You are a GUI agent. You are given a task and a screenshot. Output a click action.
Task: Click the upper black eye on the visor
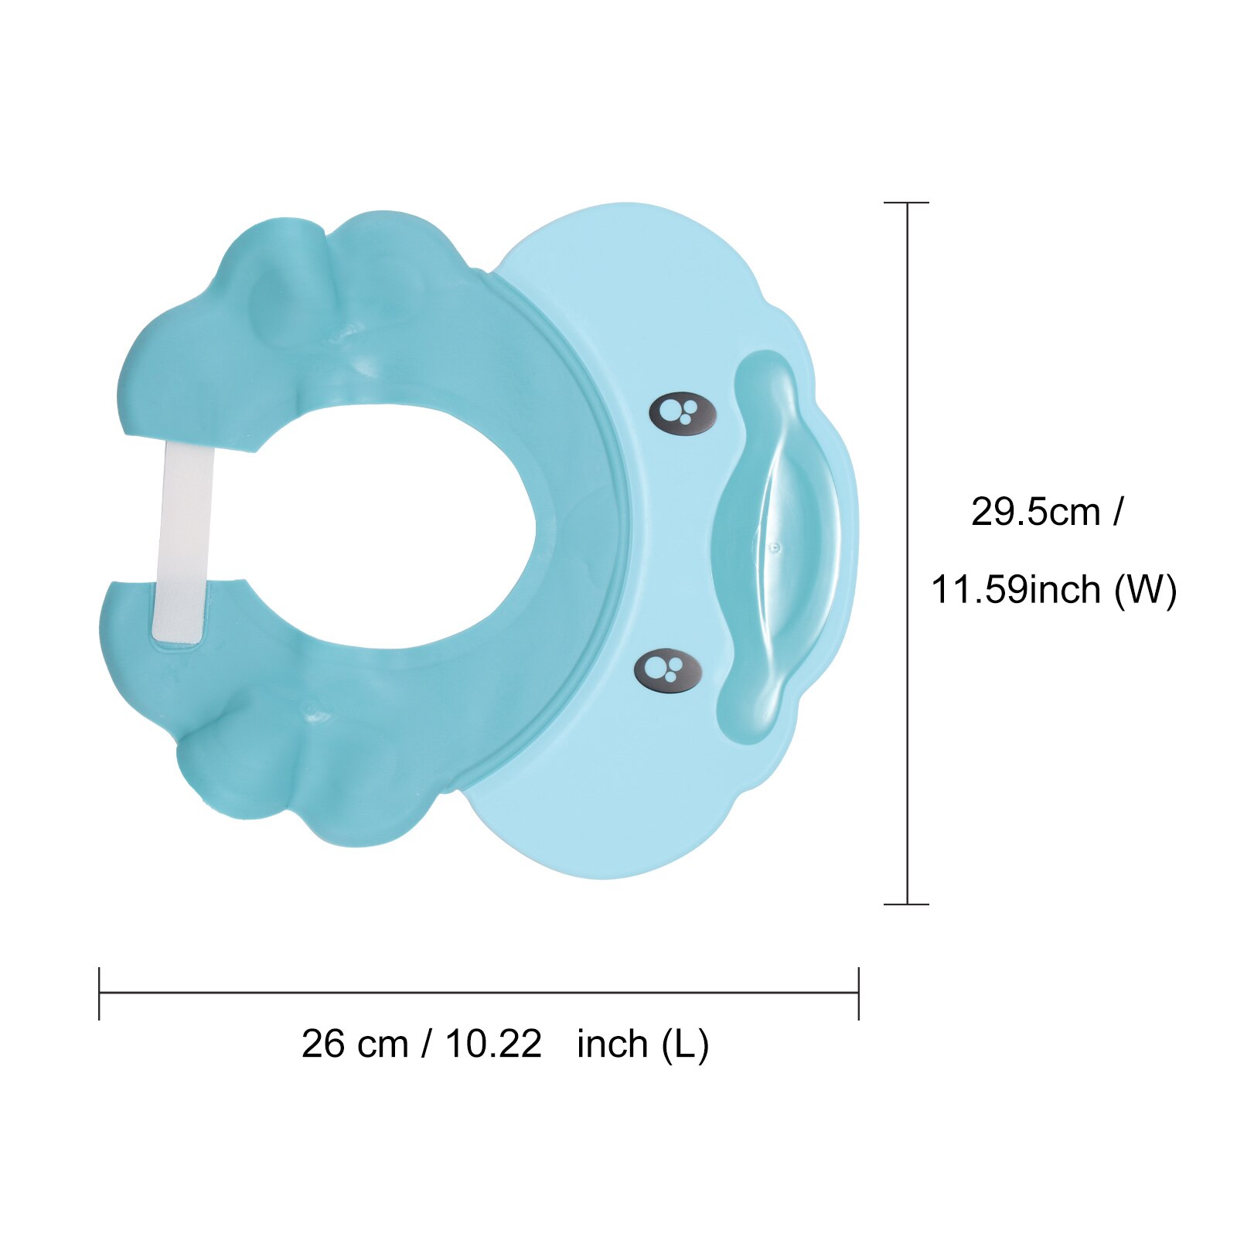pos(683,414)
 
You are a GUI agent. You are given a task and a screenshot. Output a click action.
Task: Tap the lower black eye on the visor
pos(668,670)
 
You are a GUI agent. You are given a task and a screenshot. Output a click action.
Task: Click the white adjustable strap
pos(184,541)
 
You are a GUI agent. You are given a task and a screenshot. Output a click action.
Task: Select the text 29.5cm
pos(1035,512)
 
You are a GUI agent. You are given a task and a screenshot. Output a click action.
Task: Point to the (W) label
pos(1145,590)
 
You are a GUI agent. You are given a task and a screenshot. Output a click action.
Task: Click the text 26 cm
pos(354,1044)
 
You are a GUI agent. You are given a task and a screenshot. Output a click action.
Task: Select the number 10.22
pos(493,1044)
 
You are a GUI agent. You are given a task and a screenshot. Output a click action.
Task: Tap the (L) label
pos(685,1044)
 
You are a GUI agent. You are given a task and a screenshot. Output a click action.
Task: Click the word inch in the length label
pos(612,1044)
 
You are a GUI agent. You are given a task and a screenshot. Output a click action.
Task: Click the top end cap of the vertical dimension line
pos(906,203)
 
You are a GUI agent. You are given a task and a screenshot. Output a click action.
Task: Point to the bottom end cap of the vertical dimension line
pos(906,904)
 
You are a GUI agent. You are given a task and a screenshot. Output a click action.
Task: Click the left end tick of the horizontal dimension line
pos(100,993)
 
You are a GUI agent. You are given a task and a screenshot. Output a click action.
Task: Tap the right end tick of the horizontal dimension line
pos(858,993)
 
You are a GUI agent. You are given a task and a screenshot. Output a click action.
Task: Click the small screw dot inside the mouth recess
pos(775,547)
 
